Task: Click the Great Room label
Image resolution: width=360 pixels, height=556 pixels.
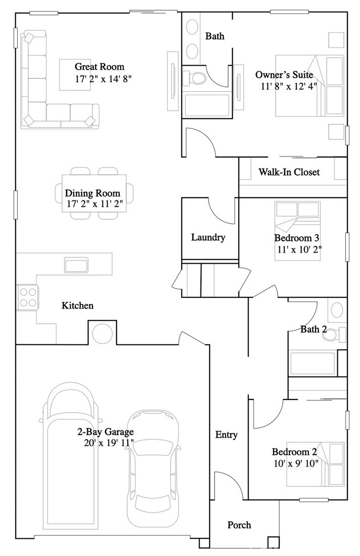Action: click(99, 67)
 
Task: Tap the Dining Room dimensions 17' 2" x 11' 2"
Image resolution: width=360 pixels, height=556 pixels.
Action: click(95, 204)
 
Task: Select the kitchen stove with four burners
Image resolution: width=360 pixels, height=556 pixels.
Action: click(28, 297)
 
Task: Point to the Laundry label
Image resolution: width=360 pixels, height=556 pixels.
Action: click(208, 237)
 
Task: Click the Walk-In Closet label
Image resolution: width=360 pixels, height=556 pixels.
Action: click(289, 172)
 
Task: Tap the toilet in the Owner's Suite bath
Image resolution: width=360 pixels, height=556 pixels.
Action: click(194, 78)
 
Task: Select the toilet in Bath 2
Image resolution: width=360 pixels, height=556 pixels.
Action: click(335, 334)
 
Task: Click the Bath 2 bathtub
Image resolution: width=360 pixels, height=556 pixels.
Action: click(313, 364)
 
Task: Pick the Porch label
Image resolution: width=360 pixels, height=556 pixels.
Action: click(239, 525)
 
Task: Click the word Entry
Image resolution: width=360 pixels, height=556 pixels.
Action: click(227, 435)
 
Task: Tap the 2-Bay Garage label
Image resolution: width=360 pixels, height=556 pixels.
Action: click(106, 432)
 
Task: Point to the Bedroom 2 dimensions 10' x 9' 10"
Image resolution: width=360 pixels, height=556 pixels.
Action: click(296, 463)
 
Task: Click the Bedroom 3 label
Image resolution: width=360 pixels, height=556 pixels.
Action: click(297, 237)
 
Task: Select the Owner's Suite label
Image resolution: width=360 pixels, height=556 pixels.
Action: click(284, 75)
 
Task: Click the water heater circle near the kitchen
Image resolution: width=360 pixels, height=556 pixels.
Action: click(102, 333)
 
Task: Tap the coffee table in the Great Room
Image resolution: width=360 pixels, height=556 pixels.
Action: click(75, 75)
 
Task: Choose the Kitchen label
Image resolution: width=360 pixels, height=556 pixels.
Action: click(78, 306)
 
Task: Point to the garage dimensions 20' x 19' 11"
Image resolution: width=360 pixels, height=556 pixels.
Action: click(109, 443)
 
